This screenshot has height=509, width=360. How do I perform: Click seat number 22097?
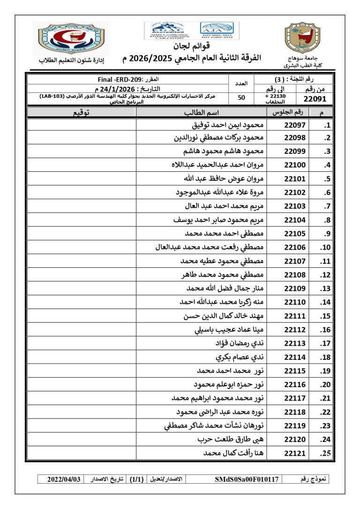pos(295,126)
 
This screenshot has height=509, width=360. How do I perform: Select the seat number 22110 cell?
pos(295,302)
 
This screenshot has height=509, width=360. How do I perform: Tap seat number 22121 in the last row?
pos(295,453)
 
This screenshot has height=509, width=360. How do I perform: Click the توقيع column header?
pos(82,112)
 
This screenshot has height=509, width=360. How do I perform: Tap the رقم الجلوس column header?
pos(287,112)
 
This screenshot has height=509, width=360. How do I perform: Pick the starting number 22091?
pos(318,99)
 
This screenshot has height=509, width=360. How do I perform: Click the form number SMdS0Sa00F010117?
pos(247,479)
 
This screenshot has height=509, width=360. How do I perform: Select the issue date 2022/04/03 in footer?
pos(64,479)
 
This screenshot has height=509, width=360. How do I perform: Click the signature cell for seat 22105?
pos(82,234)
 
